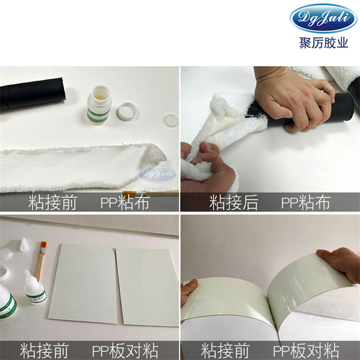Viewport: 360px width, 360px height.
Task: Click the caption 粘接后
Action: pyautogui.click(x=234, y=203)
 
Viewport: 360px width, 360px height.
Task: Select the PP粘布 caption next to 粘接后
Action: pyautogui.click(x=306, y=203)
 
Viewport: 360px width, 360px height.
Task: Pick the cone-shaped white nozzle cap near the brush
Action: pyautogui.click(x=23, y=245)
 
